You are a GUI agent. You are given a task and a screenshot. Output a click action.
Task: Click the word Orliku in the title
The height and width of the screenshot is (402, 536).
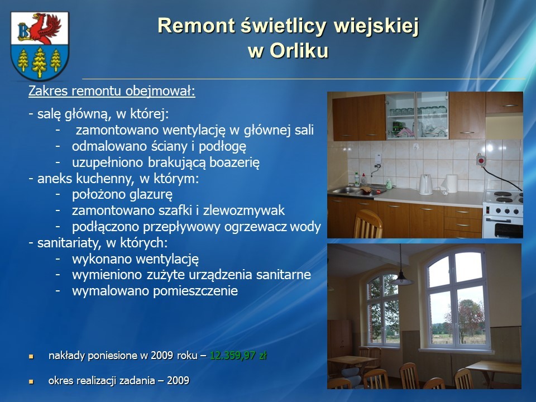[x=299, y=51]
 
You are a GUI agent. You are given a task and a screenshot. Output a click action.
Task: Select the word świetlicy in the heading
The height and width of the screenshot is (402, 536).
[x=284, y=26]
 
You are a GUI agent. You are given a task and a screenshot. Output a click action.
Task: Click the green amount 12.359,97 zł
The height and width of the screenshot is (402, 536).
[x=238, y=356]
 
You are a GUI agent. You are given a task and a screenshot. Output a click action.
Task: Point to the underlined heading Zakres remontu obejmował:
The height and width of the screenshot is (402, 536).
[x=112, y=91]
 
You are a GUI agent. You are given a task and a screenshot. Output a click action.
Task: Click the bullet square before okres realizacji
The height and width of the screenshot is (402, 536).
[x=31, y=381]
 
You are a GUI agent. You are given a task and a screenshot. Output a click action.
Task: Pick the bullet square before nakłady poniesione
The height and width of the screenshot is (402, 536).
[x=31, y=357]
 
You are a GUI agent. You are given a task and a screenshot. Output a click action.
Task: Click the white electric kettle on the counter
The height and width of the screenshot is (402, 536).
[x=425, y=185]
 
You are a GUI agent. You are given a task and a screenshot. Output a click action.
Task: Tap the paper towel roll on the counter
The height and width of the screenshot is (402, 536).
[x=451, y=184]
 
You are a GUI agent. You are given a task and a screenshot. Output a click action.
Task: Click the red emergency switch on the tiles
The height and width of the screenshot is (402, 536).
[x=481, y=160]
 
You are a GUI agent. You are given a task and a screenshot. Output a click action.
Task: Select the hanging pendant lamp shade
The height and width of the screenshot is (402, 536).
[x=402, y=280]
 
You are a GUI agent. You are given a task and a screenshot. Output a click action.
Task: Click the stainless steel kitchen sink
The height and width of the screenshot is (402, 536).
[x=356, y=190]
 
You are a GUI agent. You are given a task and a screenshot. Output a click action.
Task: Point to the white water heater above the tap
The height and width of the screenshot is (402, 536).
[x=378, y=159]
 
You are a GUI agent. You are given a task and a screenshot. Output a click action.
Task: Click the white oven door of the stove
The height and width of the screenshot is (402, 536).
[x=502, y=227]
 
